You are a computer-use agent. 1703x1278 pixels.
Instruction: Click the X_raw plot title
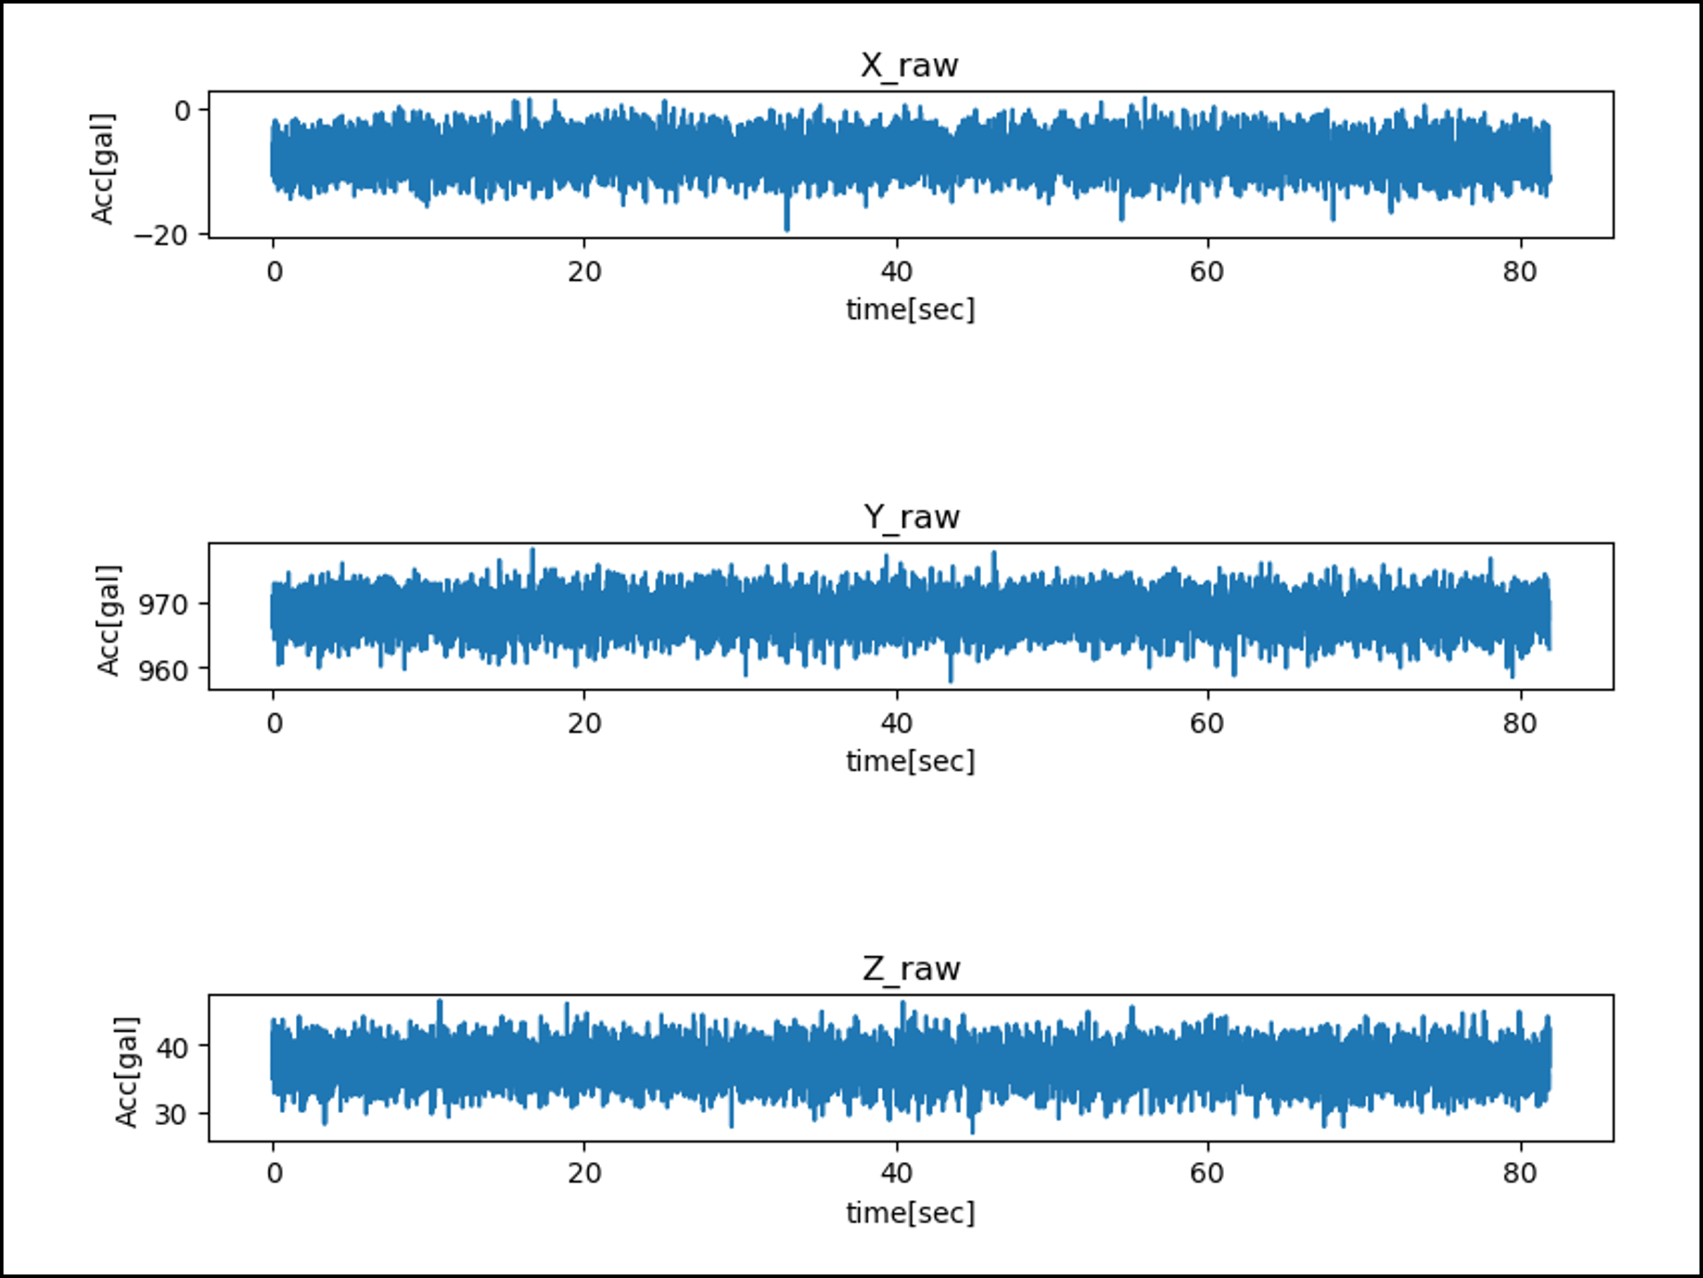tap(909, 65)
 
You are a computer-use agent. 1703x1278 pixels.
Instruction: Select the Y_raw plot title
tap(911, 518)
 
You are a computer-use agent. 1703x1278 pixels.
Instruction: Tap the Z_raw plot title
tap(911, 968)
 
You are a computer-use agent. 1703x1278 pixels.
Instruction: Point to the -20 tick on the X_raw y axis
tap(161, 234)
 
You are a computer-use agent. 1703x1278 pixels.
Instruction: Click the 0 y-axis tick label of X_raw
tap(182, 111)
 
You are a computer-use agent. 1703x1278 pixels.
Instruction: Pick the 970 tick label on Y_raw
tap(163, 605)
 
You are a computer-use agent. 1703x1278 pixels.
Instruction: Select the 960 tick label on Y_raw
tap(163, 670)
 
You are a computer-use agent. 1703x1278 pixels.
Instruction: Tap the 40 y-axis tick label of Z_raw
tap(173, 1048)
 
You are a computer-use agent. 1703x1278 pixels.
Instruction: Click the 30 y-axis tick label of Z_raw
tap(173, 1114)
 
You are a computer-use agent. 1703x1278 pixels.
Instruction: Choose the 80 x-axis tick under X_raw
tap(1520, 272)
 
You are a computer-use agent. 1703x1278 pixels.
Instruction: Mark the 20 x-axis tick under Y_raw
tap(585, 724)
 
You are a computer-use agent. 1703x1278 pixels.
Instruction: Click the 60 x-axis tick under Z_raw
tap(1207, 1173)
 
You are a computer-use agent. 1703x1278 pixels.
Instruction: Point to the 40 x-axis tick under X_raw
tap(896, 272)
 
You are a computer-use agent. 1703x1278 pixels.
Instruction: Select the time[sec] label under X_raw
tap(910, 310)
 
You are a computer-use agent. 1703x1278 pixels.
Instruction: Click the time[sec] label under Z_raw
tap(910, 1213)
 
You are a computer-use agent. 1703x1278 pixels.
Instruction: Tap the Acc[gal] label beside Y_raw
tap(108, 620)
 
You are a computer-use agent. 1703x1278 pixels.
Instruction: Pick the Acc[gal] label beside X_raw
tap(102, 168)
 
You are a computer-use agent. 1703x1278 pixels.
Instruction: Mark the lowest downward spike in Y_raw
tap(951, 679)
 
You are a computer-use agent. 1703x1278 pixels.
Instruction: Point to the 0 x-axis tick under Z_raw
tap(274, 1173)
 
